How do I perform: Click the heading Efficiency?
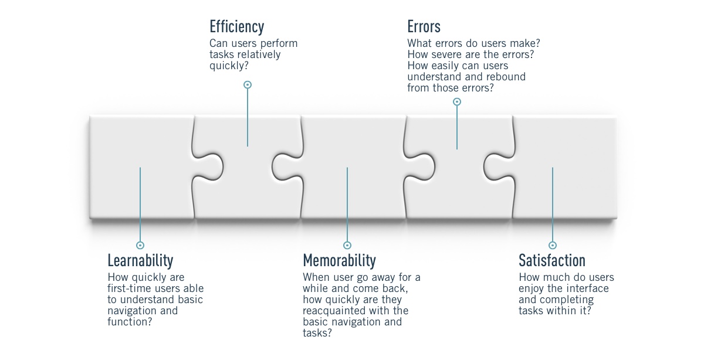[236, 27]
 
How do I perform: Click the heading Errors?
[424, 27]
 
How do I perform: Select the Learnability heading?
[140, 260]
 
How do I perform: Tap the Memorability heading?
[339, 260]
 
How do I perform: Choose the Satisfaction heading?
[551, 260]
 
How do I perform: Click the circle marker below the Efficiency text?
[248, 85]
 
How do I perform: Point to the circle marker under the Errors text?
[457, 102]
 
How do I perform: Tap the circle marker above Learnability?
[140, 245]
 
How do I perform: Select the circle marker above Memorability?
[347, 245]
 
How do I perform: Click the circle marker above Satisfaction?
[552, 245]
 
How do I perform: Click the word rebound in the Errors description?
[507, 77]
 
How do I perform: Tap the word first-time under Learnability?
[130, 288]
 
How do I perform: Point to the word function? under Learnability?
[128, 322]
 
